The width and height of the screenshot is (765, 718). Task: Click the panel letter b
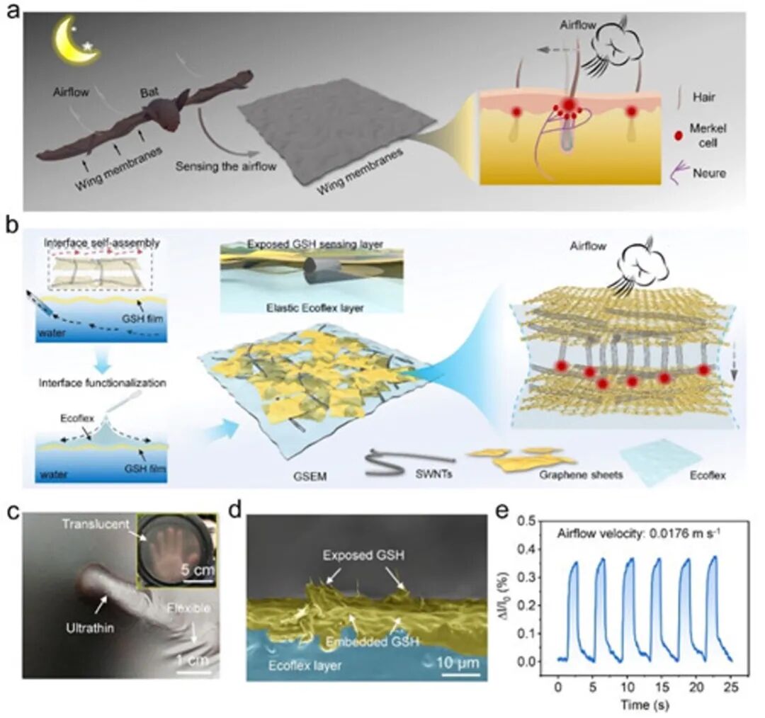click(11, 227)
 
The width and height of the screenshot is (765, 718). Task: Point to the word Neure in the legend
click(710, 173)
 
